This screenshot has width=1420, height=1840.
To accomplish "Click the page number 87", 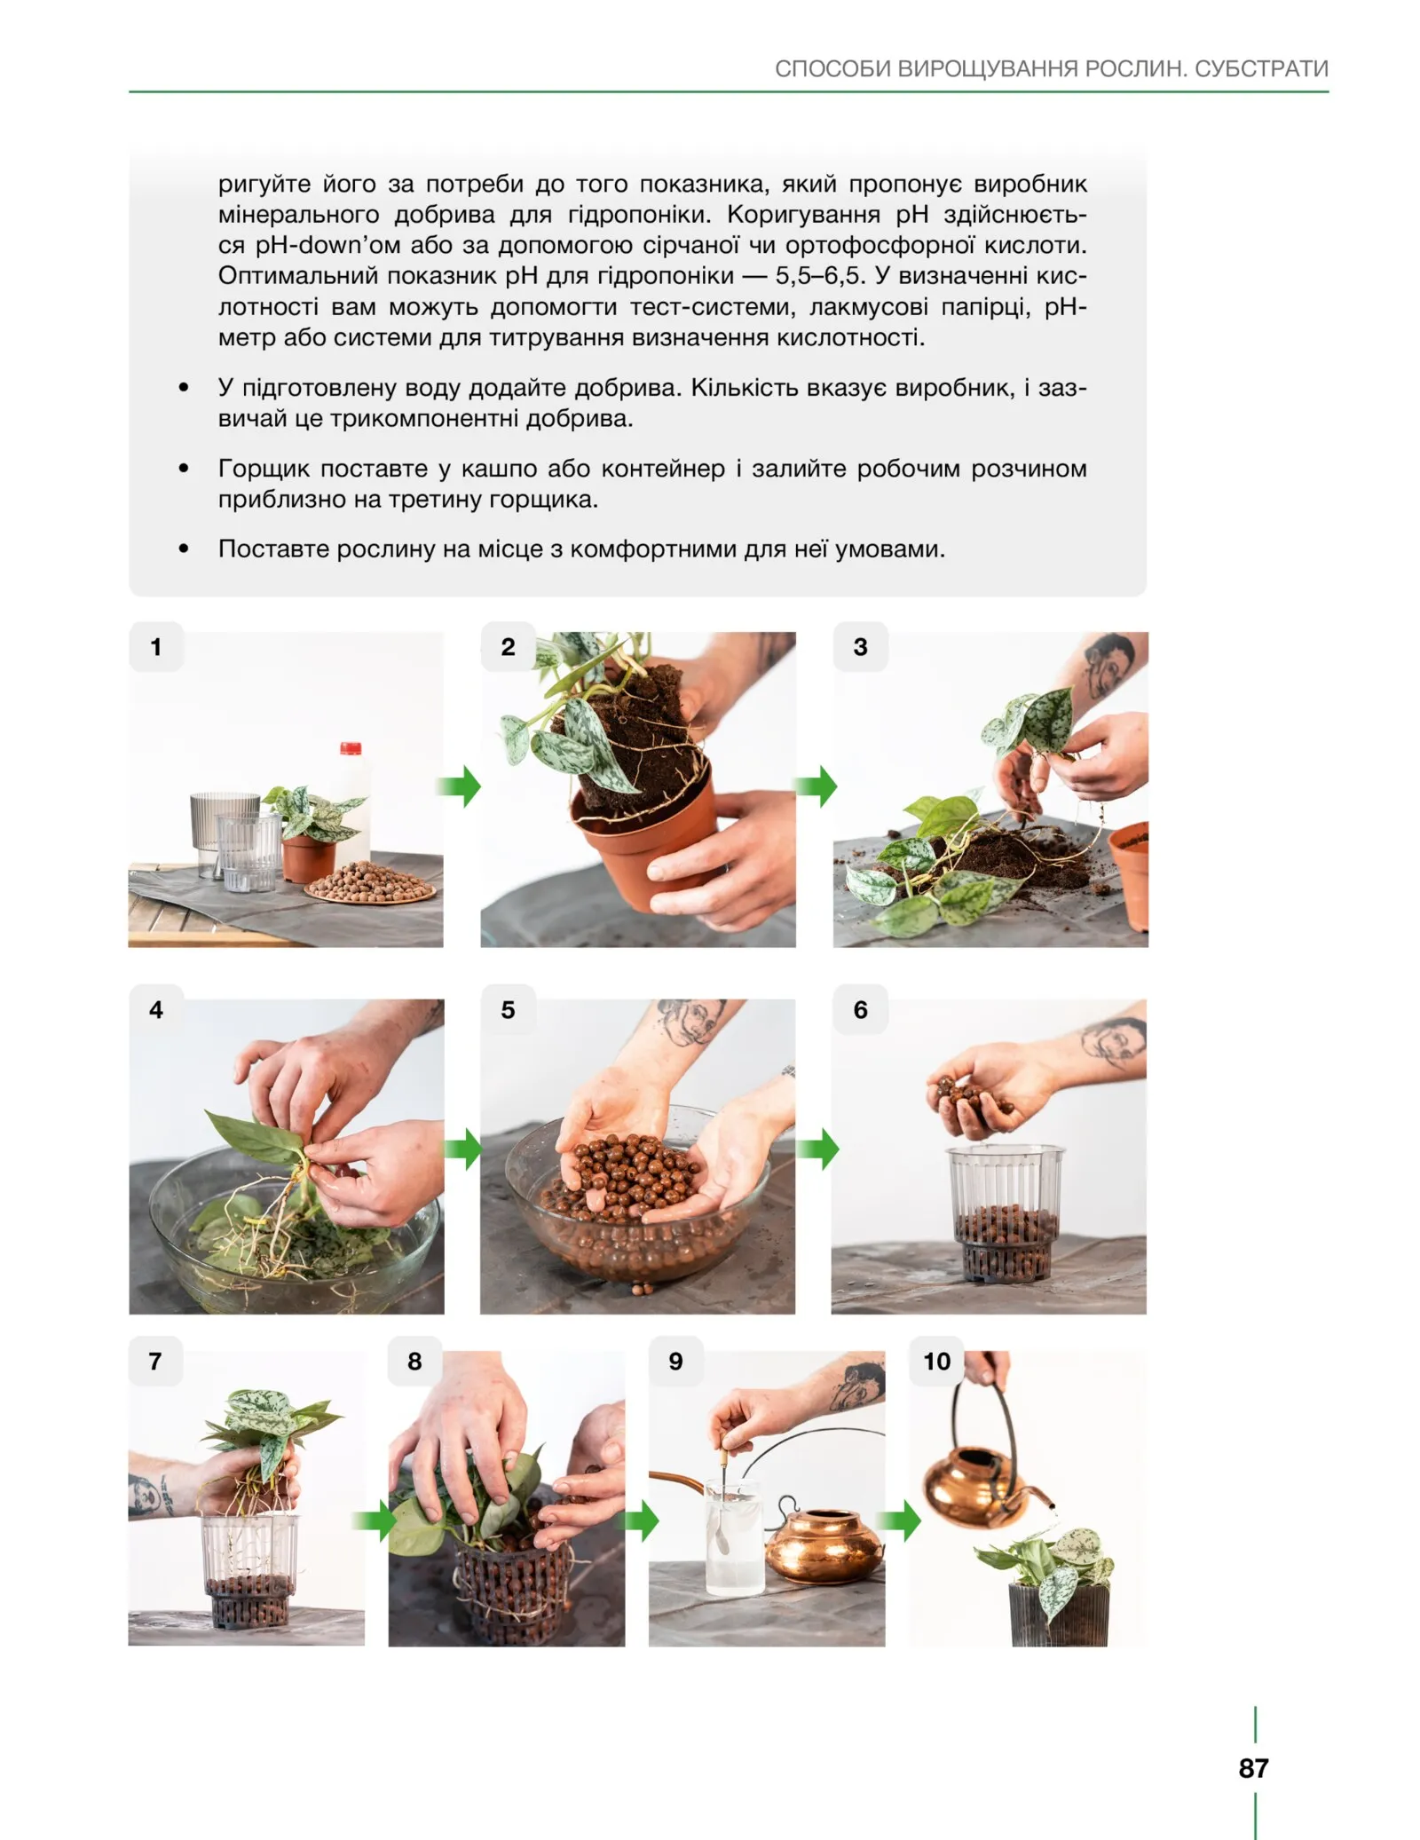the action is pos(1253,1767).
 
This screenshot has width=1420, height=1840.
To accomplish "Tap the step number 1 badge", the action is pos(156,647).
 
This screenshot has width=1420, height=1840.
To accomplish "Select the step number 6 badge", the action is pos(860,1009).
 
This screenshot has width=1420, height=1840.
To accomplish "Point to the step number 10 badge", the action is pos(936,1362).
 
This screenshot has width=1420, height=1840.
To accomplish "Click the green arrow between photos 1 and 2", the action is pos(460,786).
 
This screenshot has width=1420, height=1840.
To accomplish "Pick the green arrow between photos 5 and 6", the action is pos(817,1149).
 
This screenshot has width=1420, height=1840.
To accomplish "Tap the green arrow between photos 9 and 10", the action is pos(902,1521).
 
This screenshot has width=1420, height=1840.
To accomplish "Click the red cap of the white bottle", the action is pos(351,747).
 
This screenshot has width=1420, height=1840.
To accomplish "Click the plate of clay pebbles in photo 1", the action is pos(371,883).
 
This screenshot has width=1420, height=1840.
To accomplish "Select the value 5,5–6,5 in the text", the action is pos(818,275).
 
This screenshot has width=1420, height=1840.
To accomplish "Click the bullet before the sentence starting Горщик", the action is pos(184,468).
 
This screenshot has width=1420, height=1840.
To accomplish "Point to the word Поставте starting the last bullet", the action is pos(270,549).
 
